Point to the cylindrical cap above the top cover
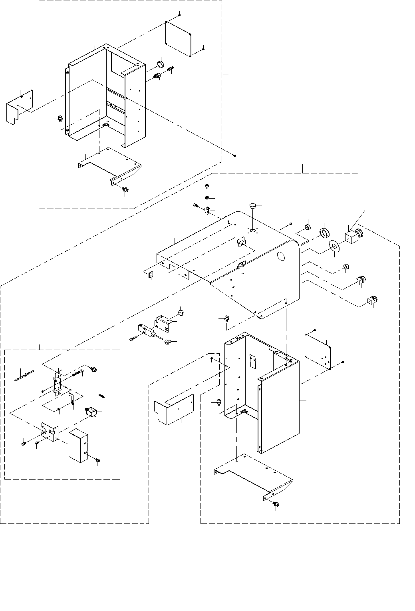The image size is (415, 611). coord(252,207)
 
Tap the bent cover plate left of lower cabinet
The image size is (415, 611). coord(173,410)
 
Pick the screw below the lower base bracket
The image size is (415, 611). coord(275,504)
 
